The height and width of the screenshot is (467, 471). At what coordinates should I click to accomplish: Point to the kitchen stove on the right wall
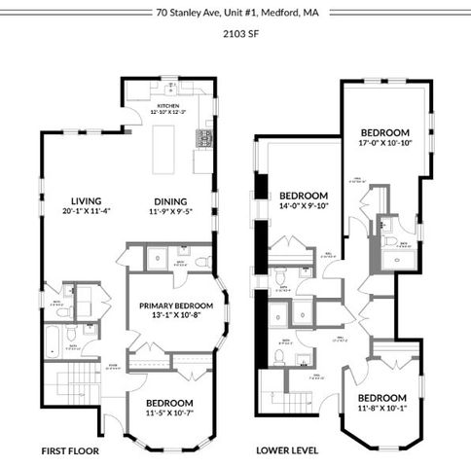pyautogui.click(x=205, y=137)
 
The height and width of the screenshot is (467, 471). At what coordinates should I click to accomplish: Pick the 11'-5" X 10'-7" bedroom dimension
pyautogui.click(x=169, y=414)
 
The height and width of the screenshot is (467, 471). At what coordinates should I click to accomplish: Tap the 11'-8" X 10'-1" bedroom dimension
pyautogui.click(x=380, y=409)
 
